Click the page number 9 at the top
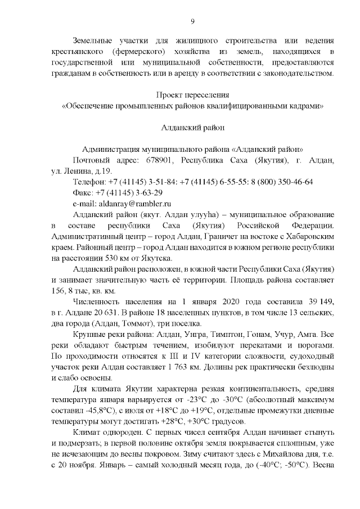click(x=192, y=21)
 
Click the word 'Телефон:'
click(x=89, y=182)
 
